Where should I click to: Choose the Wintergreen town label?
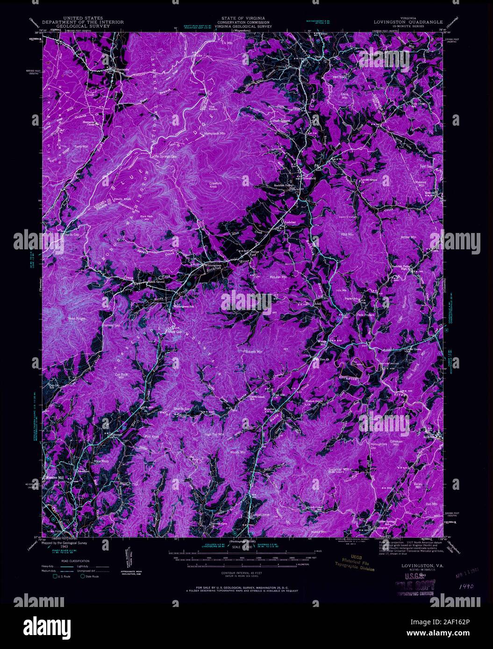214,267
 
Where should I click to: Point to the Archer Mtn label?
408,237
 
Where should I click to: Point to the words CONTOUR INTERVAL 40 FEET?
237,572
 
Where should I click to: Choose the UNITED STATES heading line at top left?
83,18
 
